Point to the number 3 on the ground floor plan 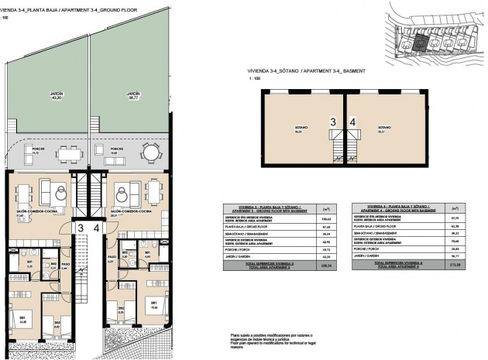81,228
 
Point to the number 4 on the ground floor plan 96,228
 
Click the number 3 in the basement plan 333,122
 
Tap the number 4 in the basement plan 352,122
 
